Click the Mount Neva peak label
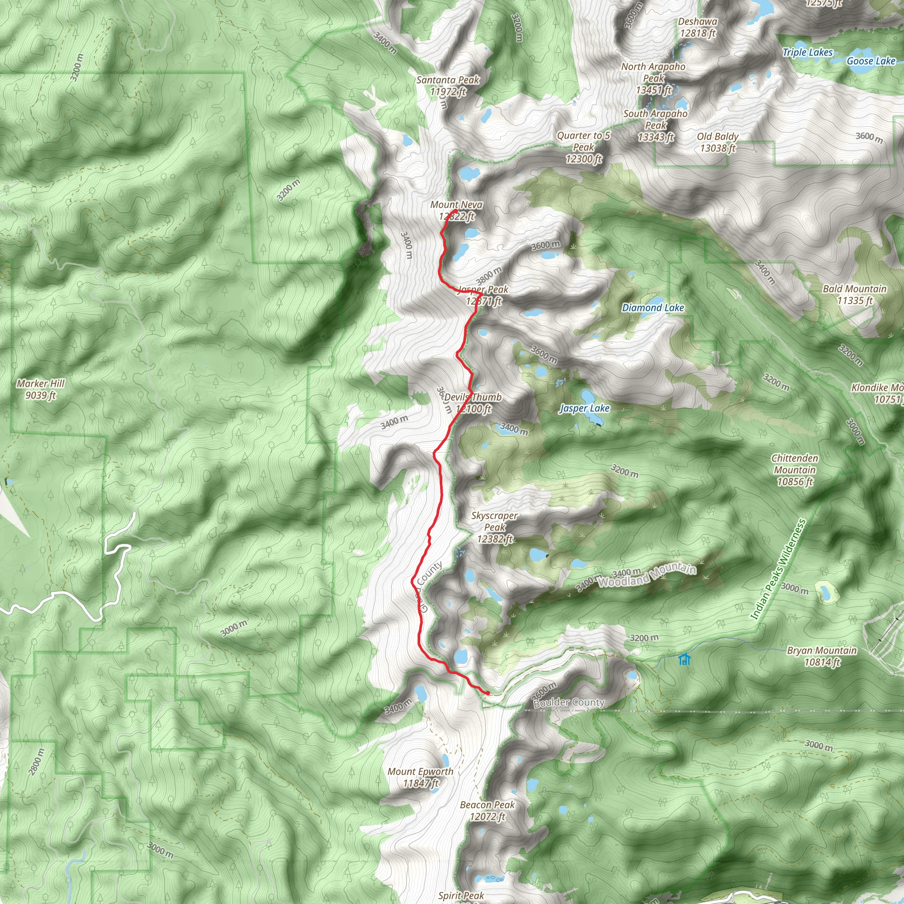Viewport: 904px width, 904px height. tap(456, 211)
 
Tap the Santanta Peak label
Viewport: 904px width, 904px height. tap(448, 86)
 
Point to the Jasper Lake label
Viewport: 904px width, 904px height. tap(585, 408)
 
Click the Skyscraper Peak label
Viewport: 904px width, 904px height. tap(494, 527)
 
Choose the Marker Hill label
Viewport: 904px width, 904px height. tap(41, 389)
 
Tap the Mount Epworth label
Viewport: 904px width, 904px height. tap(420, 777)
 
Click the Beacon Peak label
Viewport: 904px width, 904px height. tap(487, 811)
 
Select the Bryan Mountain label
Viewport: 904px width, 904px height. tap(821, 656)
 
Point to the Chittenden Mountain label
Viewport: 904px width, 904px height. tap(795, 470)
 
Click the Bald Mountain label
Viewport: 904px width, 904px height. tap(855, 295)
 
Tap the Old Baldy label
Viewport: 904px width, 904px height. tap(717, 142)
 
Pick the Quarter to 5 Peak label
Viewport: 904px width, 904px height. tap(584, 147)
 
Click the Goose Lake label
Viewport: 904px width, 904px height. tap(871, 61)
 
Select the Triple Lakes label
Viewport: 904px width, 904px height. tap(808, 53)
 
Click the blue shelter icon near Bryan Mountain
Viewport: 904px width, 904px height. tap(685, 660)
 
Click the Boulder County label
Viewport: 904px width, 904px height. tap(569, 702)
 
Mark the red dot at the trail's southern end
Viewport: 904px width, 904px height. tap(488, 693)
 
